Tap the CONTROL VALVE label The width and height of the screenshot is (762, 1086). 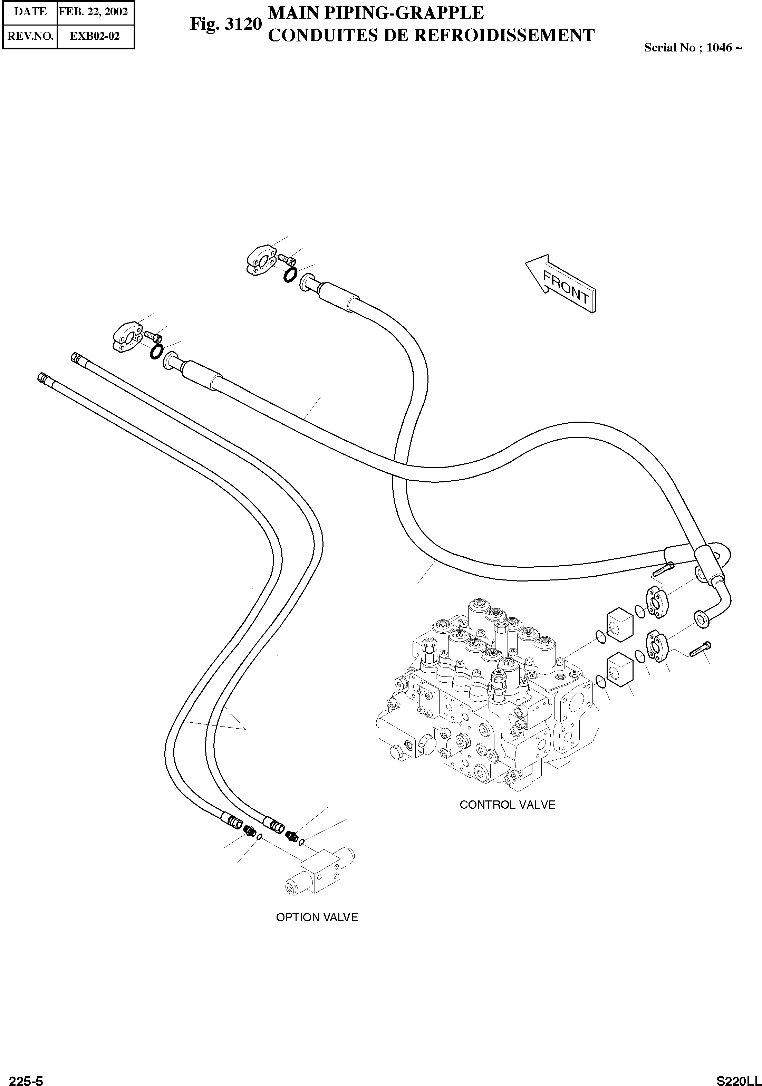tap(507, 805)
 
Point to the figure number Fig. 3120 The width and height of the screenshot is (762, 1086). tap(225, 23)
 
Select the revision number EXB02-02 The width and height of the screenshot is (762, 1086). tap(95, 36)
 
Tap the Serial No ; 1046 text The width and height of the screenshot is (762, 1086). tap(692, 47)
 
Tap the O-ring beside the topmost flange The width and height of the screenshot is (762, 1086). tap(290, 274)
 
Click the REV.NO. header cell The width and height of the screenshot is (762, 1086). tap(30, 36)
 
